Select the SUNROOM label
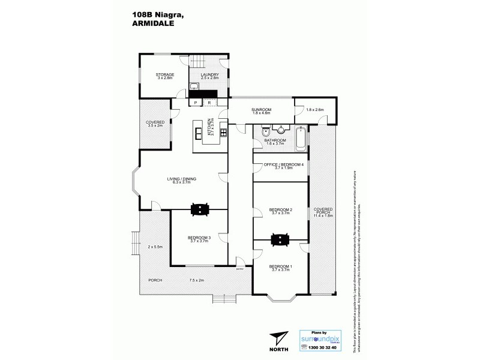pos(262,110)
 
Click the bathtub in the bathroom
pos(301,140)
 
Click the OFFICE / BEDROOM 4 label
pos(280,165)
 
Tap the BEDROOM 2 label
pos(280,210)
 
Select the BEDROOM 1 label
pos(280,266)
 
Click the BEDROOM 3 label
pos(199,238)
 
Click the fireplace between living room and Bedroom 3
pos(199,209)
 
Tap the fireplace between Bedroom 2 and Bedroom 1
pos(280,239)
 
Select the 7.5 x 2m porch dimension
pos(197,280)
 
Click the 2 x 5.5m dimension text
pos(155,247)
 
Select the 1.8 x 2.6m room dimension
pos(314,110)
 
